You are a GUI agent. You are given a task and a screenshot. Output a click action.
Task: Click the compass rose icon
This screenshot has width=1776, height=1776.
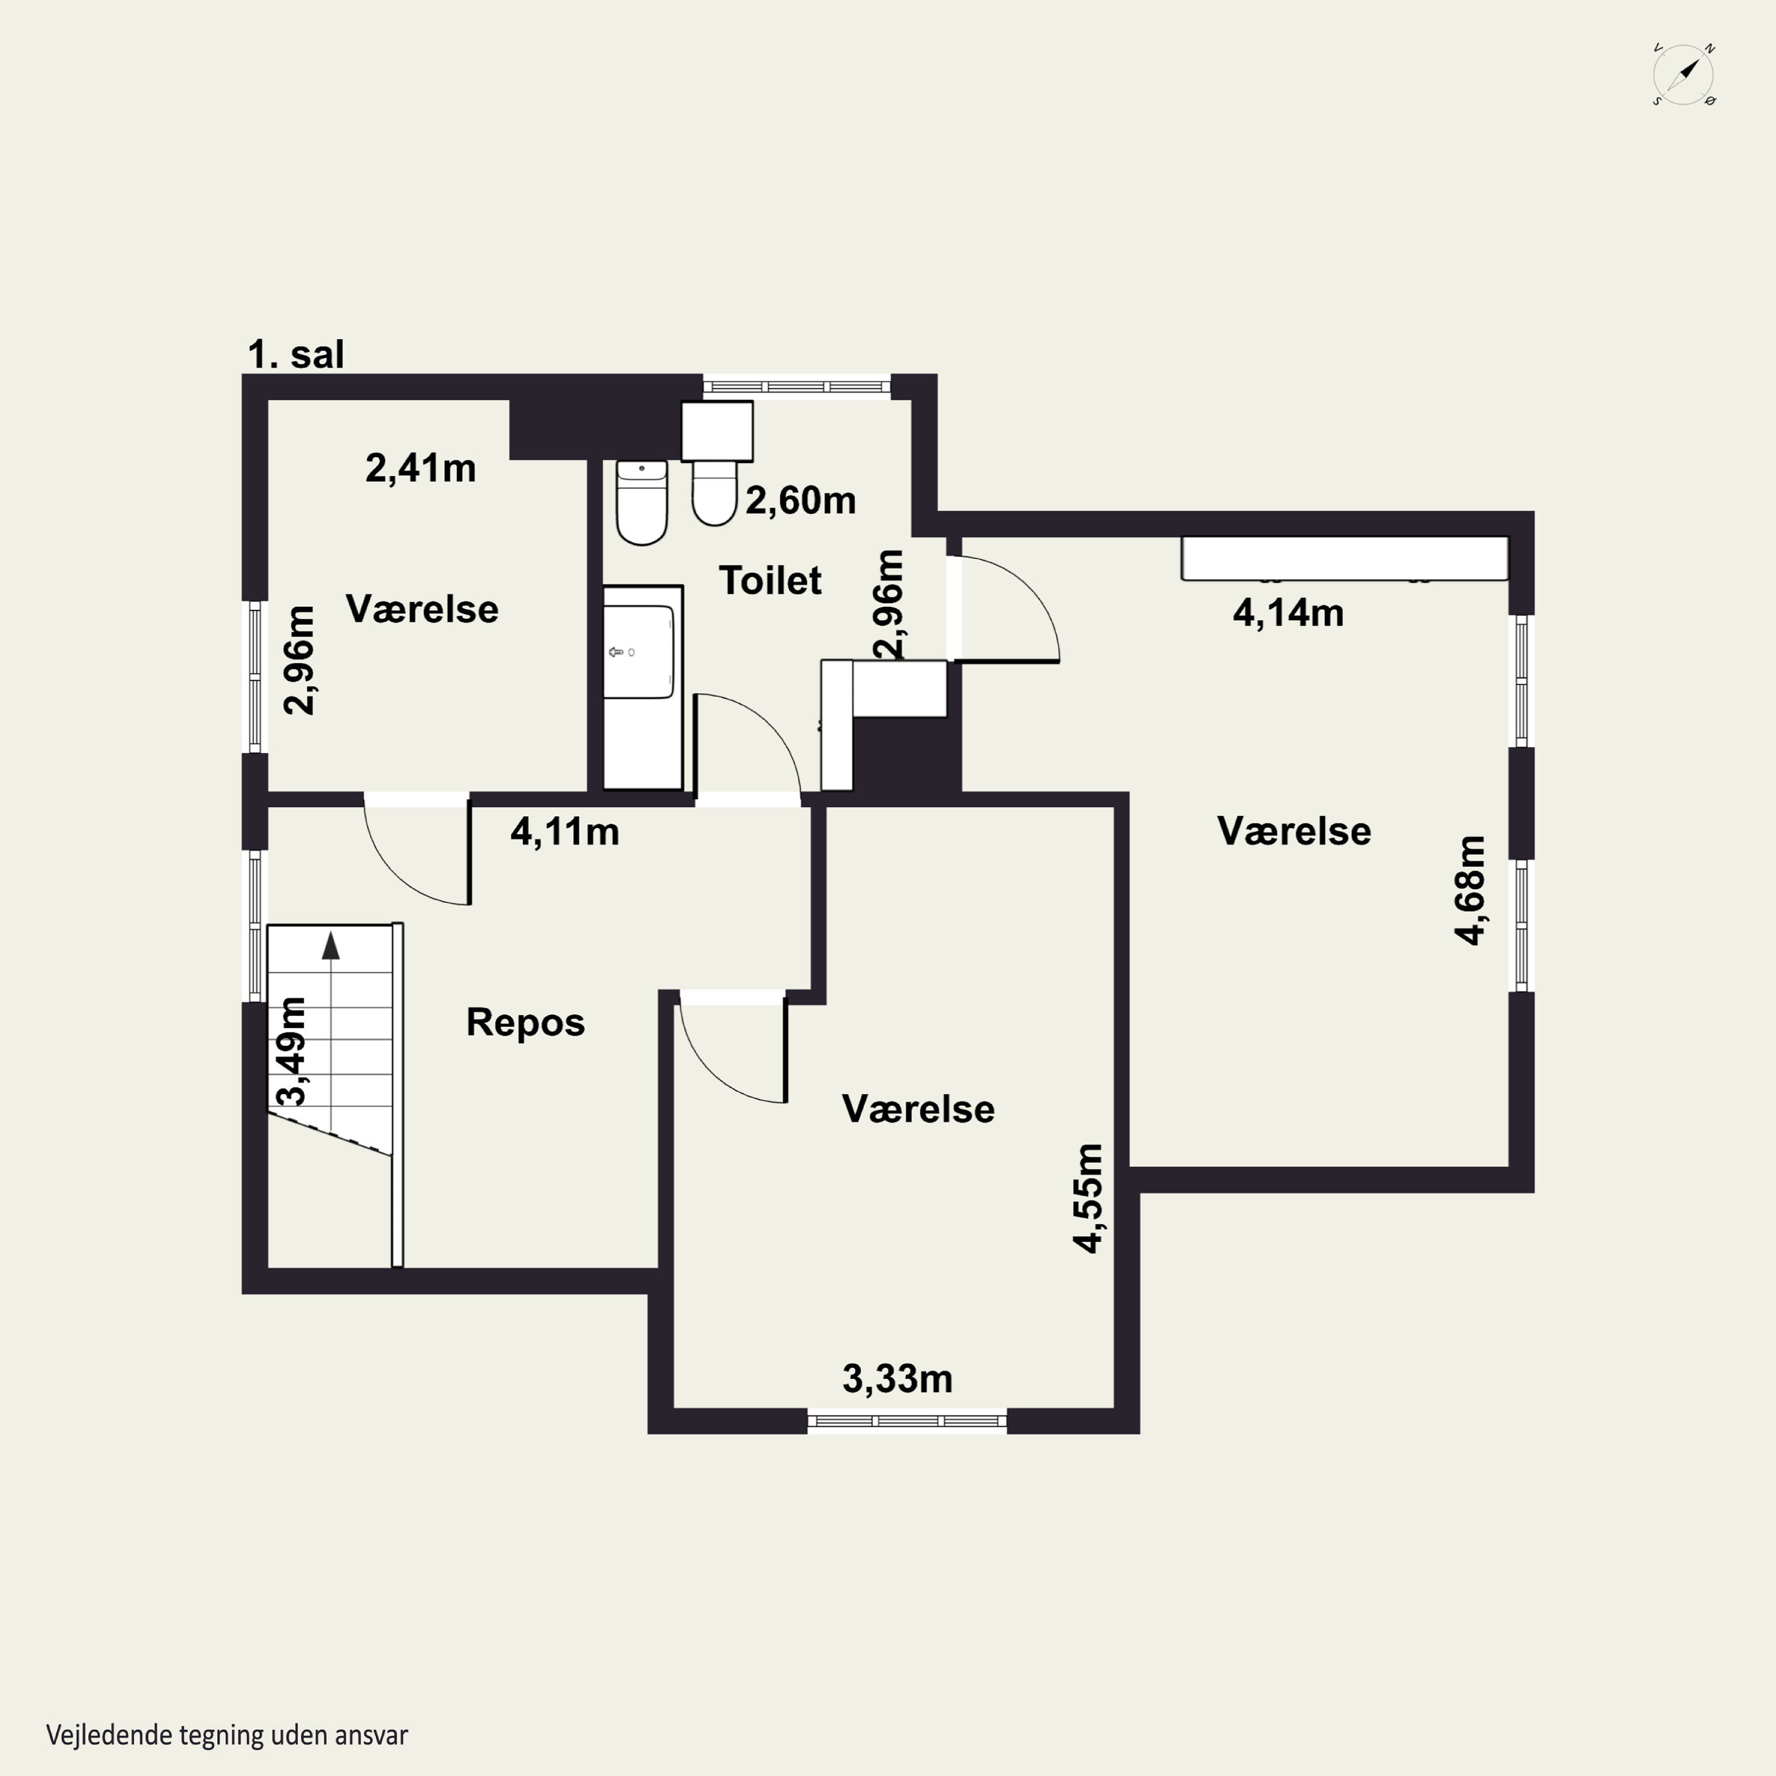click(1684, 75)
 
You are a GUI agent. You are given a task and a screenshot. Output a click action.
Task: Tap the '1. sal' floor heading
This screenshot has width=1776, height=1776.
click(296, 355)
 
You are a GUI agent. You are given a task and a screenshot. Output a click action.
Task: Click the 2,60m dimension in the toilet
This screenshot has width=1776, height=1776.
click(800, 501)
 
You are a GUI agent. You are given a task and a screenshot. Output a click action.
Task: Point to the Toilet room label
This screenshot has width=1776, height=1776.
click(770, 581)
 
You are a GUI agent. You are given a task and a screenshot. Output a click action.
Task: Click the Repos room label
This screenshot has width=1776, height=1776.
click(526, 1023)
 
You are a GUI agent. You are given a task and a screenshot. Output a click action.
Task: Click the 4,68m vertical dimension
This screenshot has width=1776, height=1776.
click(1471, 890)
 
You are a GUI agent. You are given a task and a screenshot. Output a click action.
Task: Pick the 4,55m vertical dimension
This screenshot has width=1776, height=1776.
click(1089, 1199)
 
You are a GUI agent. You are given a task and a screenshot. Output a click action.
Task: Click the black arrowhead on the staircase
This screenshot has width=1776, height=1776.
click(331, 946)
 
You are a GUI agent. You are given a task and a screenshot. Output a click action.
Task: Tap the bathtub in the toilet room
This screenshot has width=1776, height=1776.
click(642, 687)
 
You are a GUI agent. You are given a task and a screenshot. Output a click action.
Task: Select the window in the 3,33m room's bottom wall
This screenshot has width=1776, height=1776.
click(908, 1421)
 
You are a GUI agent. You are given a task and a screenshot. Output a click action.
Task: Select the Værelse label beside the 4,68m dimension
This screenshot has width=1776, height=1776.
click(1294, 832)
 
